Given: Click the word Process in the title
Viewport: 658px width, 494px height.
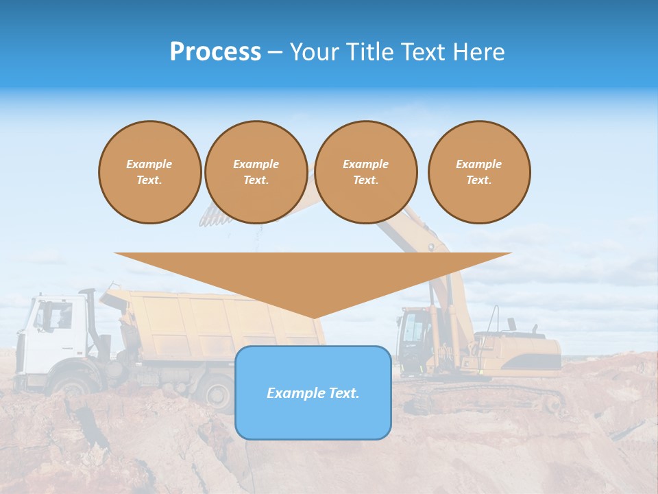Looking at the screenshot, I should click(x=215, y=52).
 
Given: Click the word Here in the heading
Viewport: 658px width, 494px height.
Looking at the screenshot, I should click(x=479, y=52).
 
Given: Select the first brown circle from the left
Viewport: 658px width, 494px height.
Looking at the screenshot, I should click(x=149, y=172).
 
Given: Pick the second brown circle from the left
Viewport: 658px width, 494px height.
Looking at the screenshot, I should click(x=256, y=172).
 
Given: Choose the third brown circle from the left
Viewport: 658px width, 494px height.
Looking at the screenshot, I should click(x=366, y=172).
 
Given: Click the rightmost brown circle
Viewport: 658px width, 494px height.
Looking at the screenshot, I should click(x=479, y=172).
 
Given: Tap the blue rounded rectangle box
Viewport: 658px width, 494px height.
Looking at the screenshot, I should click(x=313, y=419).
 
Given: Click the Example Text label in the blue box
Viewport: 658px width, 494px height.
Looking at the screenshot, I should click(x=313, y=393).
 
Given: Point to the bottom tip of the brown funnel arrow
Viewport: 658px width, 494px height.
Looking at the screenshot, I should click(x=313, y=318).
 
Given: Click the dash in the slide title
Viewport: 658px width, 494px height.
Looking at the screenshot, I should click(x=275, y=52).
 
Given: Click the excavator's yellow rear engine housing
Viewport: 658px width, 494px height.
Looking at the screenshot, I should click(x=528, y=350).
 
